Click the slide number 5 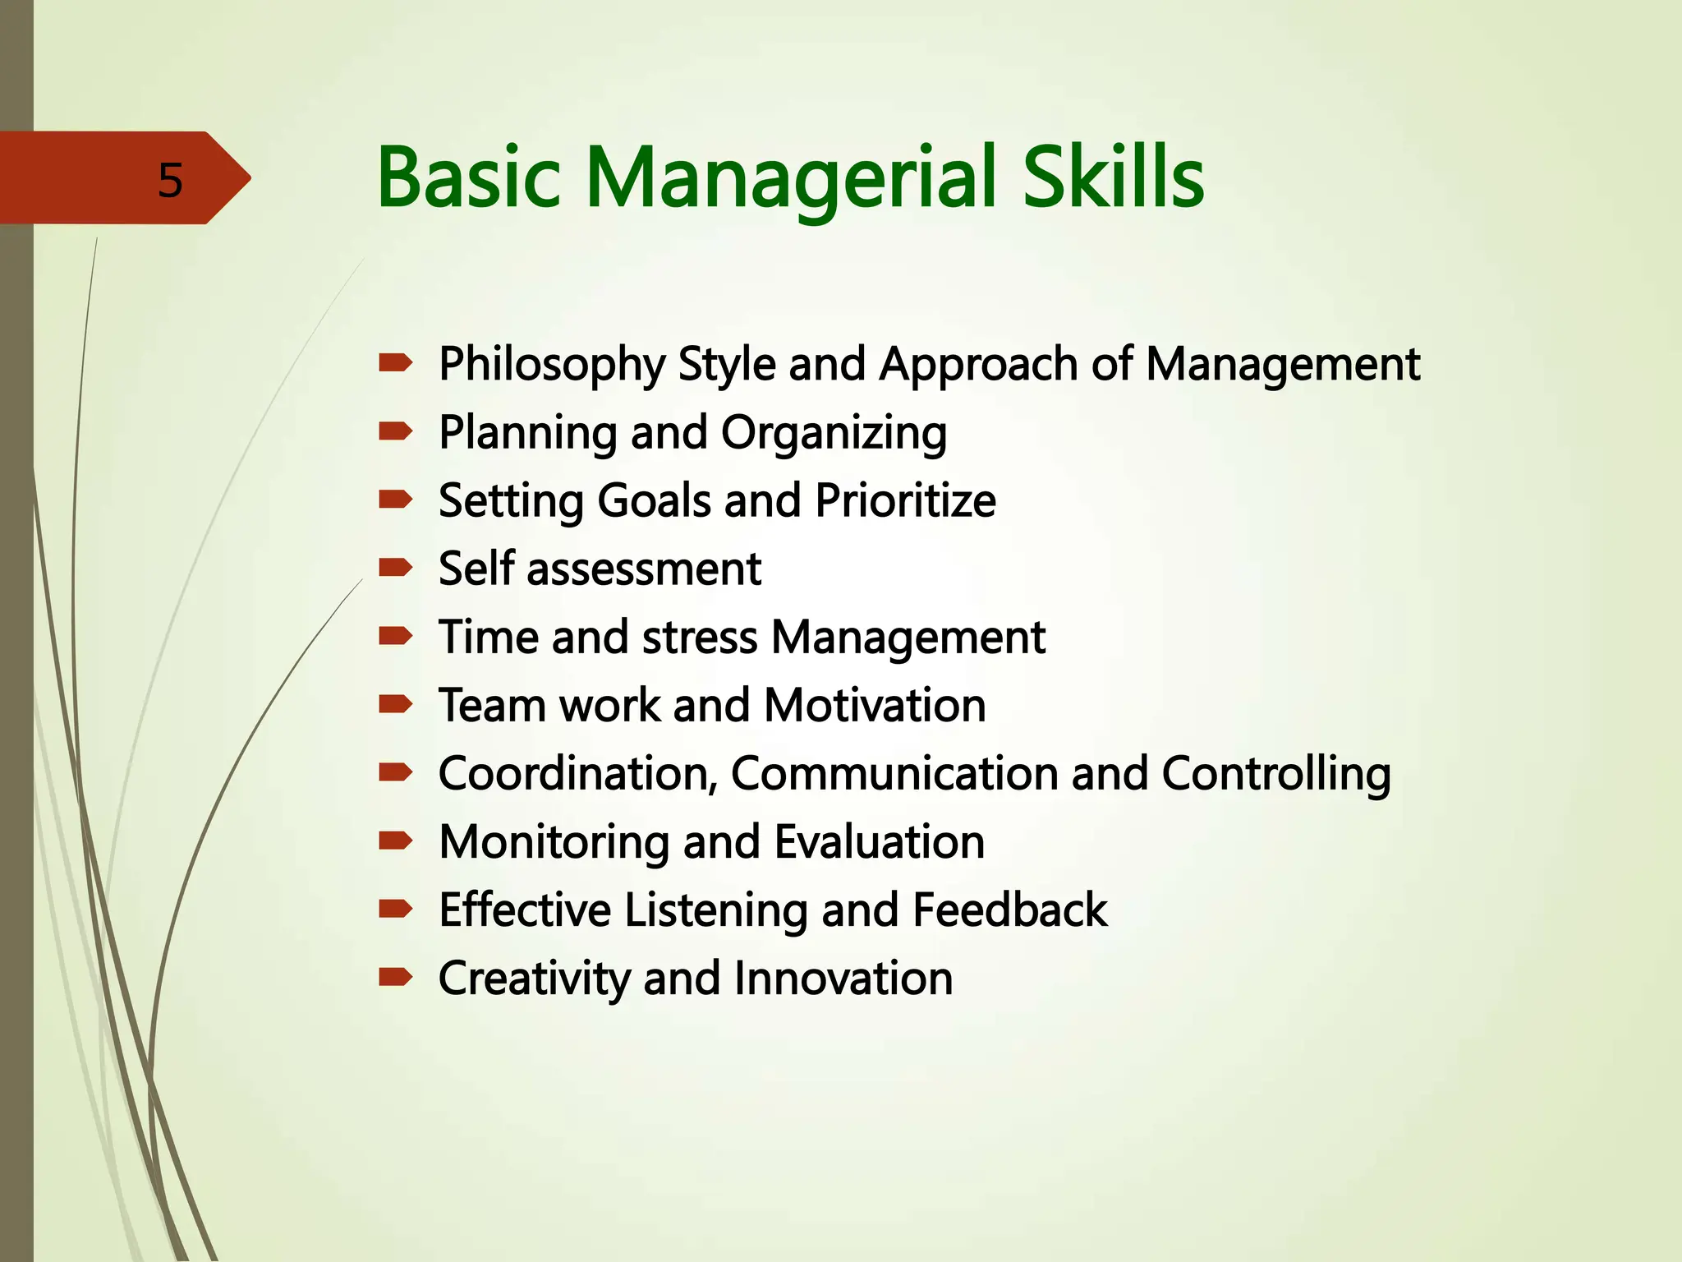point(170,180)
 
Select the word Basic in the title point(469,177)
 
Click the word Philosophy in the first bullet point(552,365)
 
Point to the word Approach point(978,365)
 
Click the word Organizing point(834,434)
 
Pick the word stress point(700,638)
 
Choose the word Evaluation point(879,842)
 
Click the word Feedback point(1009,910)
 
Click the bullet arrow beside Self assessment point(395,567)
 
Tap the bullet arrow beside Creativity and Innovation point(395,977)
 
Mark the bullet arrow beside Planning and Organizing point(395,431)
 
